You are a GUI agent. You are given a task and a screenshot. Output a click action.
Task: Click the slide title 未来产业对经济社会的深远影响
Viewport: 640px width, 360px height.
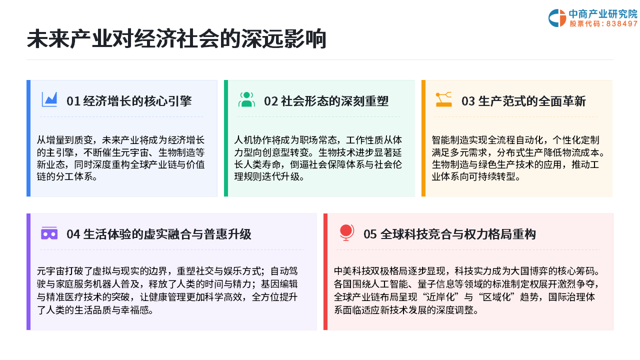(x=176, y=38)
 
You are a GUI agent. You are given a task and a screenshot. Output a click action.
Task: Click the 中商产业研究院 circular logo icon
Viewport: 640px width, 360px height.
(x=557, y=18)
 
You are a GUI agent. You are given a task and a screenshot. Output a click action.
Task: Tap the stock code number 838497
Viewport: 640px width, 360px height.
(x=621, y=23)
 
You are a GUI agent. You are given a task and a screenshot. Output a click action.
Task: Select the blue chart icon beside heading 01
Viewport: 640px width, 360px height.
(x=49, y=99)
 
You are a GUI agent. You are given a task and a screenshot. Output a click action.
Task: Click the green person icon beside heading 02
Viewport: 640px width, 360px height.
(x=246, y=99)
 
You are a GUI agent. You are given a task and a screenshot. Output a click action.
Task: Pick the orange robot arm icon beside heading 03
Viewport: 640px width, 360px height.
(x=443, y=99)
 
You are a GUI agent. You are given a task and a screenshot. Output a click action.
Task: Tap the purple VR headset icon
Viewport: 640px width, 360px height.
(x=49, y=233)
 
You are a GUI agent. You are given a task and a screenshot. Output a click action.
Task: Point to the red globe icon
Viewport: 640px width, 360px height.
(x=346, y=232)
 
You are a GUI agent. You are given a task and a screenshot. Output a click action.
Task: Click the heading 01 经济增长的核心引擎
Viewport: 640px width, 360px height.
(x=129, y=101)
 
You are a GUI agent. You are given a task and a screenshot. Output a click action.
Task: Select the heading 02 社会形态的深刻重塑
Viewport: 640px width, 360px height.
(x=326, y=101)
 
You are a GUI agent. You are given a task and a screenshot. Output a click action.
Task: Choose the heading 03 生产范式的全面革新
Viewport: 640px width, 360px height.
(x=523, y=101)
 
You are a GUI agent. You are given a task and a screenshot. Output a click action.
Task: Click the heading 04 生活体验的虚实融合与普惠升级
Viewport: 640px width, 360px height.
(x=159, y=234)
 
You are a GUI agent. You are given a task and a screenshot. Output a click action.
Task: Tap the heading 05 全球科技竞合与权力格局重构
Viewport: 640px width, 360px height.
(x=449, y=234)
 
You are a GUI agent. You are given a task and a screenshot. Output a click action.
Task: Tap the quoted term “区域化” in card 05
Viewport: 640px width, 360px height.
(x=497, y=297)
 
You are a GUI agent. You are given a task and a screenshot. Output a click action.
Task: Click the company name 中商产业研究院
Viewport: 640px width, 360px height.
(x=603, y=13)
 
